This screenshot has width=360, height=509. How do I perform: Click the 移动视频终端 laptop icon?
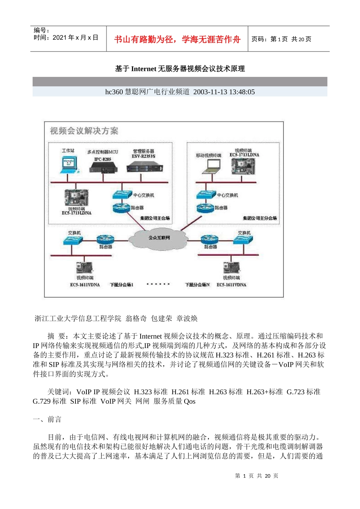[x=212, y=165]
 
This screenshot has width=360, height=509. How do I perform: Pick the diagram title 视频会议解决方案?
[x=84, y=131]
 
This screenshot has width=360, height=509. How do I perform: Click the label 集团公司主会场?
[x=155, y=218]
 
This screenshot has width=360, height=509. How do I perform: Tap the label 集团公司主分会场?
[x=260, y=218]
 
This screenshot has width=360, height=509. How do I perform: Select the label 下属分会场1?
[x=121, y=285]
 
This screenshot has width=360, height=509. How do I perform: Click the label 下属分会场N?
[x=197, y=285]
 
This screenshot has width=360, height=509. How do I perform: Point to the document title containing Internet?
[x=180, y=69]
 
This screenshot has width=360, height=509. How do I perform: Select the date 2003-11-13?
[x=210, y=92]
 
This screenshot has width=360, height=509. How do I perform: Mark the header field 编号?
[x=41, y=30]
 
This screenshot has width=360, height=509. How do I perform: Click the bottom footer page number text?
[x=257, y=476]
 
